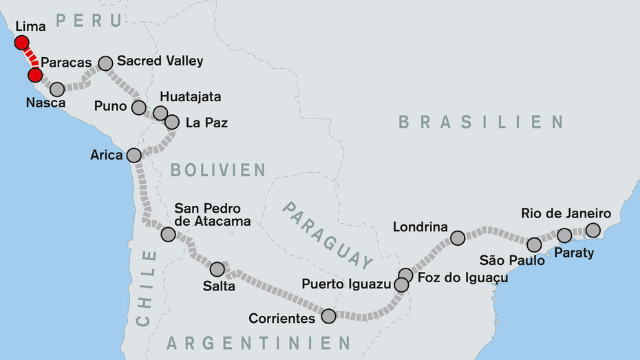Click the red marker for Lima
coord(22,43)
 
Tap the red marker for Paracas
coord(34,74)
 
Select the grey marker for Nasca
coord(57,89)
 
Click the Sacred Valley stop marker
coord(106,63)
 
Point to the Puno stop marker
coord(139,107)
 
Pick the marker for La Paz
coord(172,122)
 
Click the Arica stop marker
coord(134,155)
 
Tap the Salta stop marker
coord(217,269)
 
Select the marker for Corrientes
coord(329,316)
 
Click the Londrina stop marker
coord(458,238)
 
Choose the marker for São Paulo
coord(534,244)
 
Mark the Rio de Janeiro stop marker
coord(593,230)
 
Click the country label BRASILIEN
coord(480,123)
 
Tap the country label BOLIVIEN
coord(217,169)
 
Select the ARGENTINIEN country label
coord(258,342)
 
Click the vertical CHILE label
coord(146,288)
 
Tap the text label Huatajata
coord(190,97)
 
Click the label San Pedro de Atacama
coord(212,214)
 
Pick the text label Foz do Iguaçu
coord(462,277)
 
